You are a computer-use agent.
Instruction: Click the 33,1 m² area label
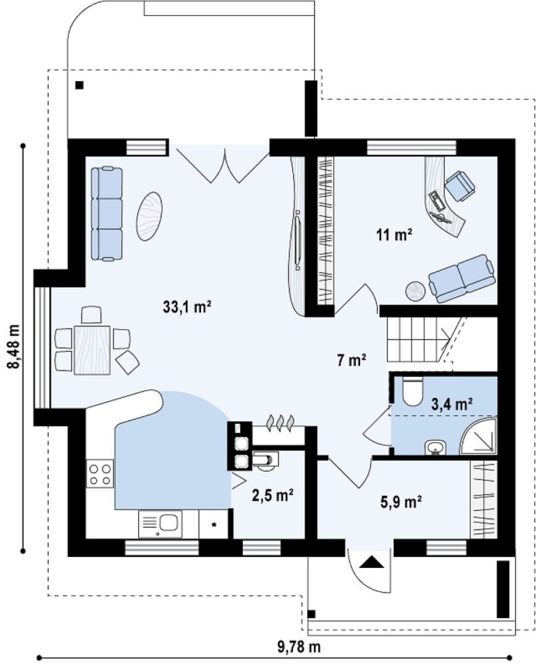[187, 306]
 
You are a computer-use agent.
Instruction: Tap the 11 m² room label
[394, 234]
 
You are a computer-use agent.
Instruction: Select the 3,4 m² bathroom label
[452, 403]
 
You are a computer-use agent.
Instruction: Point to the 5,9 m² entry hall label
[401, 501]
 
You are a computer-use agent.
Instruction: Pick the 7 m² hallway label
[351, 361]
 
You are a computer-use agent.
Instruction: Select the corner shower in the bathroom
[480, 436]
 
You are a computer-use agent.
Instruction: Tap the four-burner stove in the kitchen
[100, 474]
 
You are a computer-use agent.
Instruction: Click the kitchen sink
[160, 524]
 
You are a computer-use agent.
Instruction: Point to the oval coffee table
[149, 216]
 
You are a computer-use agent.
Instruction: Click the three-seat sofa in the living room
[107, 214]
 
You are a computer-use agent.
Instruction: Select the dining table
[92, 350]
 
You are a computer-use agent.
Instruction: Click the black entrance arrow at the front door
[372, 561]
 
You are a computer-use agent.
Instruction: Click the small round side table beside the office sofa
[415, 291]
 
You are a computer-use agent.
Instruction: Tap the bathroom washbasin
[436, 448]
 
